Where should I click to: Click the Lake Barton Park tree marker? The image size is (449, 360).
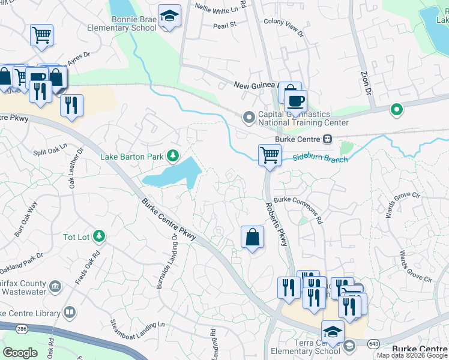pyautogui.click(x=173, y=157)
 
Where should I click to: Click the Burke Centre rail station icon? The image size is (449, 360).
pyautogui.click(x=327, y=139)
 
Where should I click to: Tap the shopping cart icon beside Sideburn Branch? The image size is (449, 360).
pyautogui.click(x=270, y=155)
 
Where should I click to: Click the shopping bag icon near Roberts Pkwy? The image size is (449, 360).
pyautogui.click(x=253, y=237)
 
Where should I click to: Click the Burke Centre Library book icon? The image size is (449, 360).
pyautogui.click(x=70, y=313)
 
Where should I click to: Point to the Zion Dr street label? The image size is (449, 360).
pyautogui.click(x=366, y=82)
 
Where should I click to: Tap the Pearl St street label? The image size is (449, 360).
pyautogui.click(x=226, y=25)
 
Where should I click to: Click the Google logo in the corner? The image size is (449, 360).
pyautogui.click(x=20, y=353)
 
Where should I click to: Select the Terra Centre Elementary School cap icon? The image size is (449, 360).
pyautogui.click(x=332, y=331)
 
